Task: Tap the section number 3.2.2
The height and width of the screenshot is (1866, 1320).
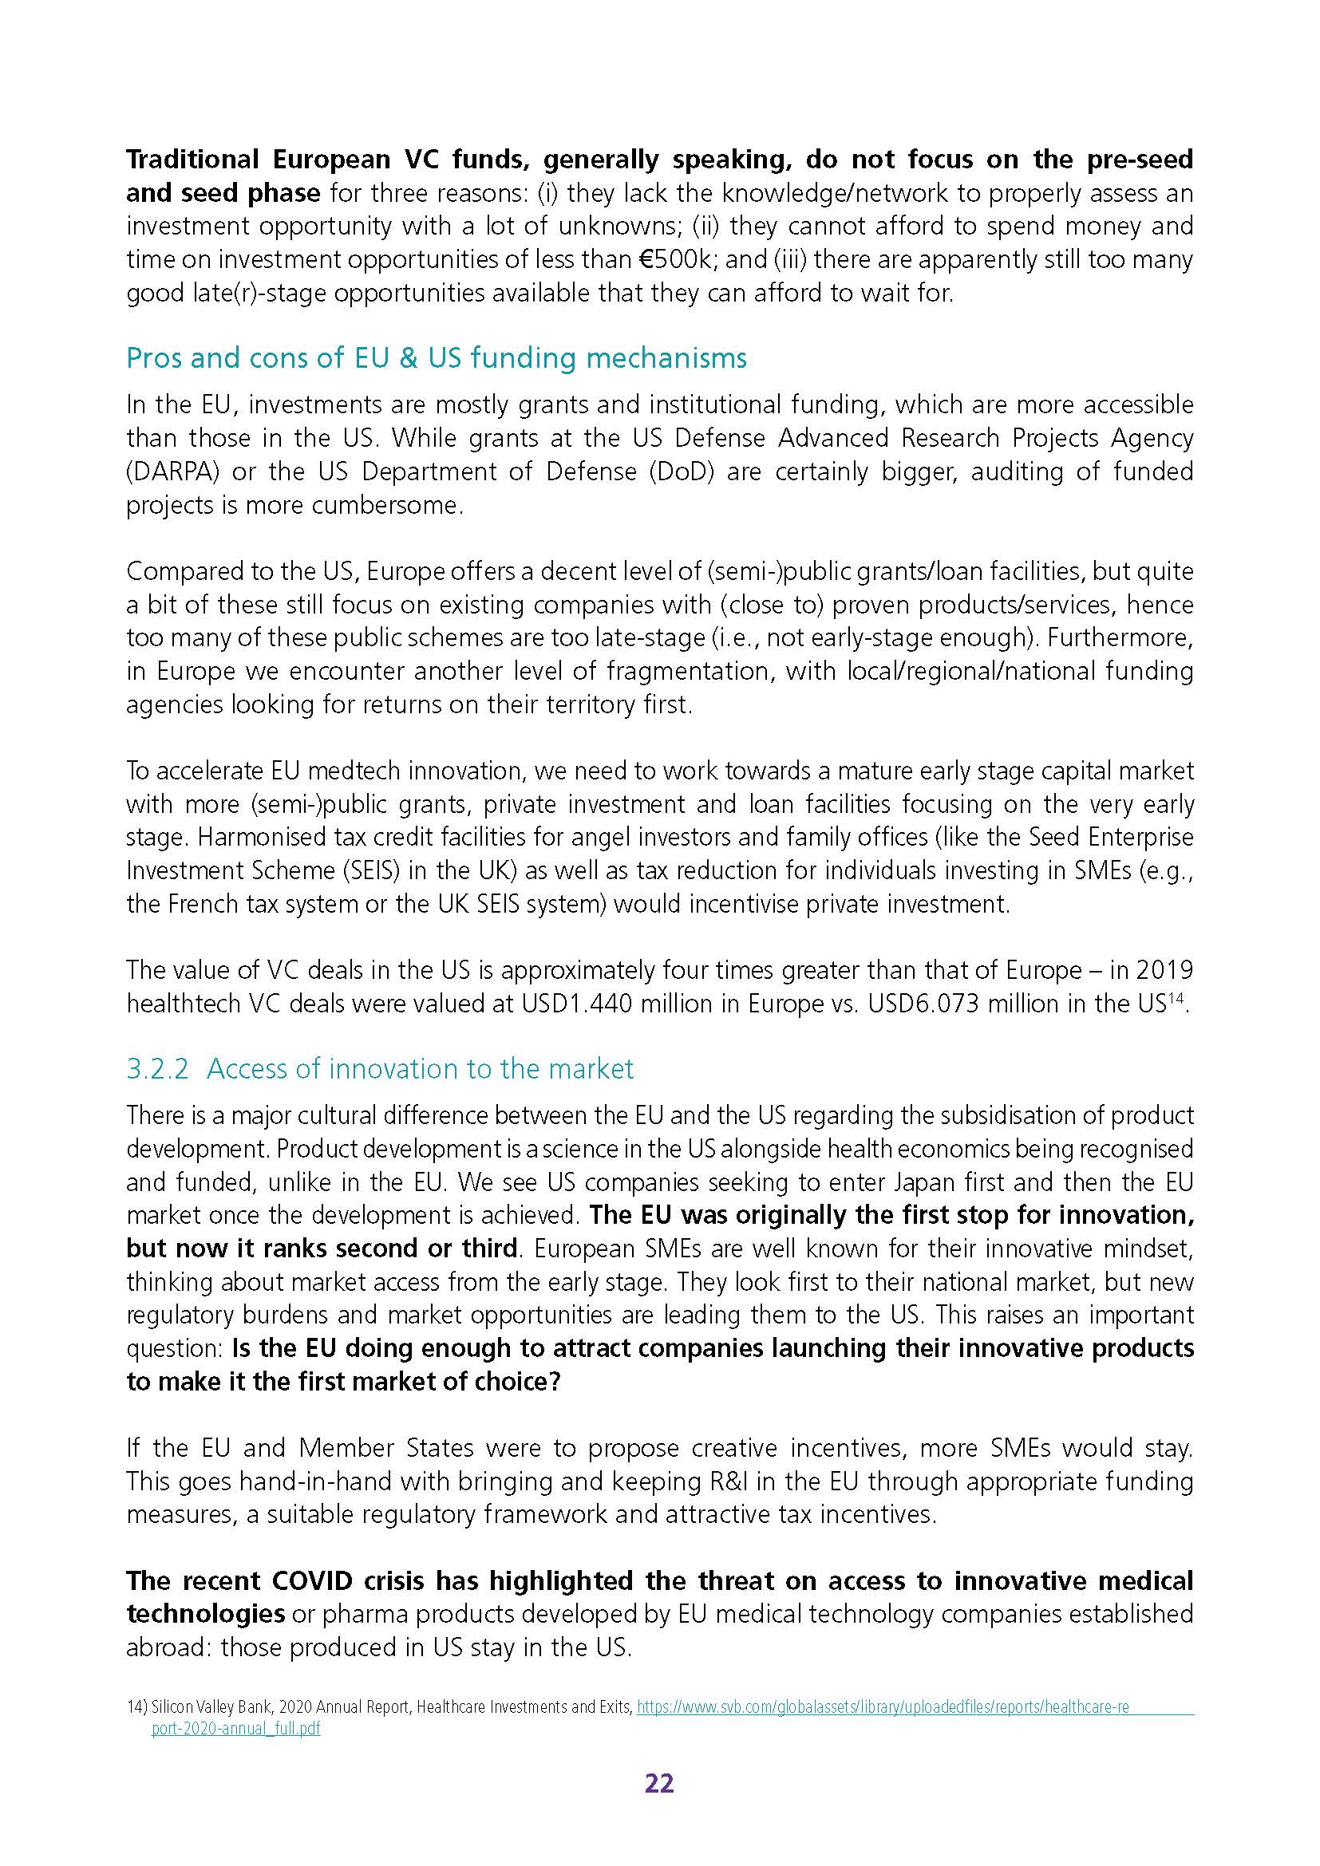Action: pyautogui.click(x=158, y=1068)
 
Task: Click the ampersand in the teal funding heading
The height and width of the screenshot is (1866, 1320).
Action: pyautogui.click(x=398, y=358)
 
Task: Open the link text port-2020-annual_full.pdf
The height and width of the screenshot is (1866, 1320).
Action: pyautogui.click(x=235, y=1729)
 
